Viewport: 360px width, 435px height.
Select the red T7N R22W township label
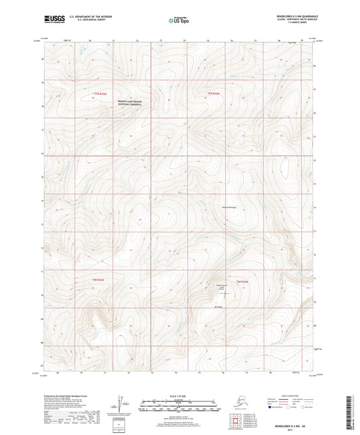coord(101,93)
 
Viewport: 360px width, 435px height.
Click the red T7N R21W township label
coord(215,93)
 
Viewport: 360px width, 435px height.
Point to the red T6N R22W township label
coord(99,280)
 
